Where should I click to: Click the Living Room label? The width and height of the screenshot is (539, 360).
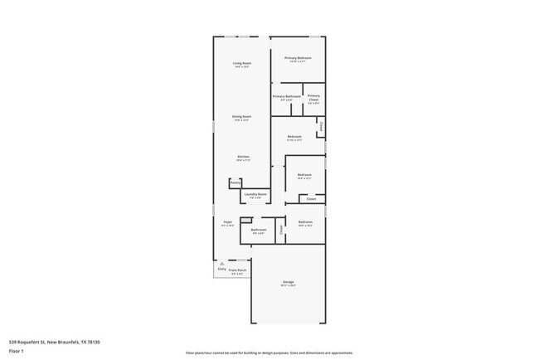[242, 63]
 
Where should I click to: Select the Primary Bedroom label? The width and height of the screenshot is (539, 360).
[297, 58]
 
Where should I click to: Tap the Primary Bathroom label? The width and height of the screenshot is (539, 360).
[287, 96]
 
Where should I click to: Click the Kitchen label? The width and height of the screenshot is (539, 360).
[243, 156]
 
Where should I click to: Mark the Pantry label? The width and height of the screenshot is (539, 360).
[236, 182]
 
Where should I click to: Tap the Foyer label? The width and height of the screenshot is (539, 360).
[226, 221]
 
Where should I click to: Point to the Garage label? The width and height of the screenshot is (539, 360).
[289, 282]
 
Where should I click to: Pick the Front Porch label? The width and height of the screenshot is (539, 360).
[237, 270]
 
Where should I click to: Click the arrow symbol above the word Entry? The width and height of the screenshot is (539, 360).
[221, 263]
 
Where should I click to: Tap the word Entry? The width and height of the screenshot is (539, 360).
[221, 269]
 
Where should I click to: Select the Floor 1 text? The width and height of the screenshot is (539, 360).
[16, 350]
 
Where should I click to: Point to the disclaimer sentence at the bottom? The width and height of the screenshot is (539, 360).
[269, 351]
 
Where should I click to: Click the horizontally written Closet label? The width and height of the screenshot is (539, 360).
[311, 199]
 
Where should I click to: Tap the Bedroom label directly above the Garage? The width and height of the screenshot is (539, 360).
[305, 221]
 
